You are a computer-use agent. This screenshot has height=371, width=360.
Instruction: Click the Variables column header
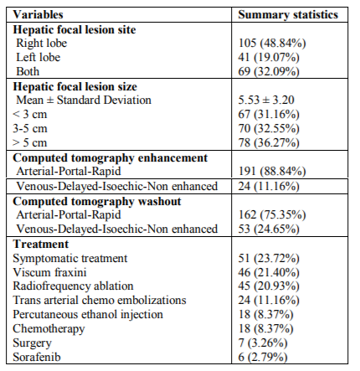[x=38, y=14]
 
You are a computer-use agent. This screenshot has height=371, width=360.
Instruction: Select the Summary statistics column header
[x=288, y=15]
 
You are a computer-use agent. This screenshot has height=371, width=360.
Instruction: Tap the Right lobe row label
[x=42, y=43]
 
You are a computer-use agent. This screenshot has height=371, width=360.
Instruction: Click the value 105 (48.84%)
[x=272, y=43]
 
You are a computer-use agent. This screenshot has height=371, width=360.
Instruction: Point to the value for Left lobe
[x=269, y=57]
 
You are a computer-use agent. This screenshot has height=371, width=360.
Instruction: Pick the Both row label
[x=28, y=71]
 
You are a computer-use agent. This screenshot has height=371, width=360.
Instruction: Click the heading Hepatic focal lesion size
[x=75, y=86]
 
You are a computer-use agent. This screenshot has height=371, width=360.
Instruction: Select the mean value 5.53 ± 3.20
[x=266, y=100]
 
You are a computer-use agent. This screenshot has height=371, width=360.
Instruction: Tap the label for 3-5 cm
[x=30, y=128]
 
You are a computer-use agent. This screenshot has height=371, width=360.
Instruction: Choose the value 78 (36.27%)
[x=269, y=142]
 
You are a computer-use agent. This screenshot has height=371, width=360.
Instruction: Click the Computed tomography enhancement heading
[x=111, y=158]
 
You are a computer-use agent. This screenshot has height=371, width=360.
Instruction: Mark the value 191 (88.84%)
[x=272, y=171]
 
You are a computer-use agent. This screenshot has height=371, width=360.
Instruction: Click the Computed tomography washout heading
[x=97, y=202]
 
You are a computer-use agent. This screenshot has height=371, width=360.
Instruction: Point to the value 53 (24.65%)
[x=269, y=229]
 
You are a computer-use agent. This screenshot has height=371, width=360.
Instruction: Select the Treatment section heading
[x=40, y=244]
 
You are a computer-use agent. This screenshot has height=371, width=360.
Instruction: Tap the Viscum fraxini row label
[x=49, y=272]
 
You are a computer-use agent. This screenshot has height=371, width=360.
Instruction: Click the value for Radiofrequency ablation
[x=269, y=286]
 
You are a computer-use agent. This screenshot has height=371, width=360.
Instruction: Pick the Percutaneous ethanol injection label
[x=88, y=315]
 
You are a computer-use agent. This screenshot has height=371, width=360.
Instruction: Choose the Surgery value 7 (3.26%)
[x=263, y=343]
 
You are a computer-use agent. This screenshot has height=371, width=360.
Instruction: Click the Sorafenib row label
[x=37, y=357]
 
